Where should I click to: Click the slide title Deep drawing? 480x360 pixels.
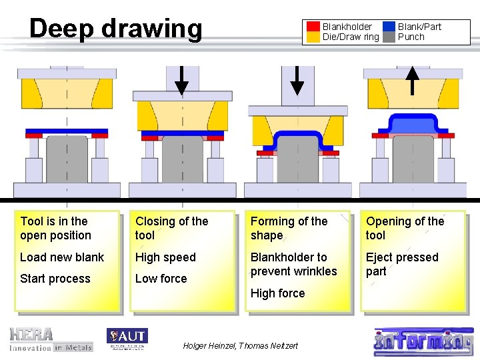(115, 29)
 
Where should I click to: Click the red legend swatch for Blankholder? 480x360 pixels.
(313, 27)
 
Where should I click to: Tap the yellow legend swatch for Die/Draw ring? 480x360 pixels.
(313, 37)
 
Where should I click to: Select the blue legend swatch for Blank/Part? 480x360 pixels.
(389, 27)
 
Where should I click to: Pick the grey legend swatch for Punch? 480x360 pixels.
(389, 37)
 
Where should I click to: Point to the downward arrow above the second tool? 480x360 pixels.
(181, 80)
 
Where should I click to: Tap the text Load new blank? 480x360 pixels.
(62, 257)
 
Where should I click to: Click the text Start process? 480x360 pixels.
(55, 279)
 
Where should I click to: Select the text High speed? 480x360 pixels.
(165, 257)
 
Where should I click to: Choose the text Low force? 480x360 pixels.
(161, 279)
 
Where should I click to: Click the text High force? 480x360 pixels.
(277, 293)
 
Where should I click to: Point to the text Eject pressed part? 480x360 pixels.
(402, 264)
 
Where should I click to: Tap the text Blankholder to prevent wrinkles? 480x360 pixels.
(293, 264)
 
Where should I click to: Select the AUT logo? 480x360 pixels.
(127, 339)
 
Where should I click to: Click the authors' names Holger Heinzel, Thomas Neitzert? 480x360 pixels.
(240, 345)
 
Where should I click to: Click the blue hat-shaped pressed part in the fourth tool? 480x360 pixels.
(413, 124)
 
